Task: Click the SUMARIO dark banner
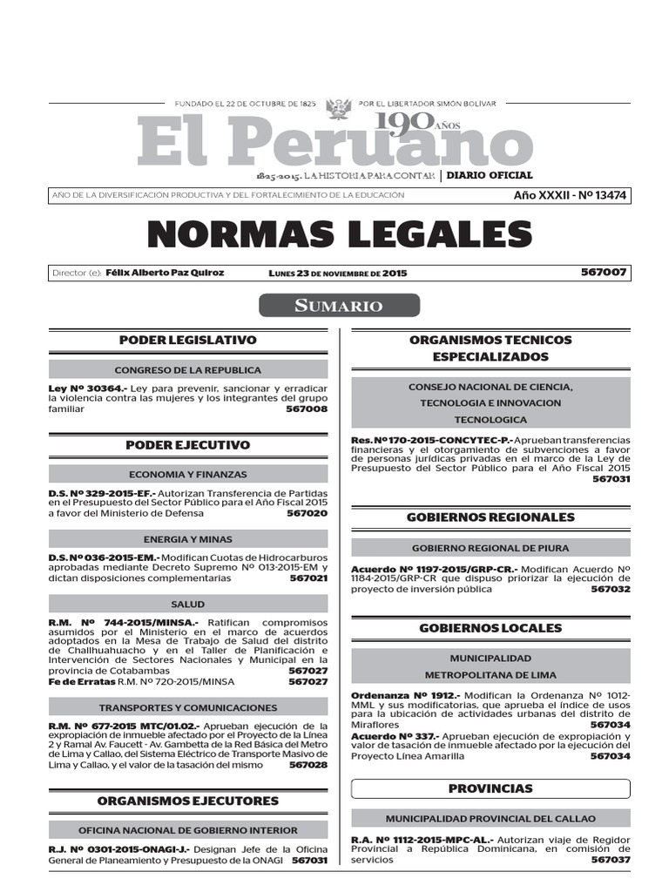(x=339, y=306)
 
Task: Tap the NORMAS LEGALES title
(x=339, y=235)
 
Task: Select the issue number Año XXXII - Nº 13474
(x=571, y=195)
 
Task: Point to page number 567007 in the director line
(x=604, y=273)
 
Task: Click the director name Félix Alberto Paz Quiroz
(x=165, y=273)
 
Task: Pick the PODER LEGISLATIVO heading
(x=187, y=340)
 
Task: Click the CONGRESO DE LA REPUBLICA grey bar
(x=187, y=370)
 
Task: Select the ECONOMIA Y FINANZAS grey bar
(x=187, y=475)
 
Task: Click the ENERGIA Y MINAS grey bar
(x=187, y=539)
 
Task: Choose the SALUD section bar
(x=187, y=604)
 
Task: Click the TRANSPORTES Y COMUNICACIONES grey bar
(x=187, y=707)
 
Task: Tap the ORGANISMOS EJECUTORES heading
(x=187, y=801)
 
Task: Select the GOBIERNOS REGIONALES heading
(x=490, y=517)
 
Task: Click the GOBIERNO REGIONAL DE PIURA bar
(x=490, y=548)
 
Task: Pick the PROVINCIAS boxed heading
(x=490, y=788)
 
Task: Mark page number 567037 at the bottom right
(x=610, y=859)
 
